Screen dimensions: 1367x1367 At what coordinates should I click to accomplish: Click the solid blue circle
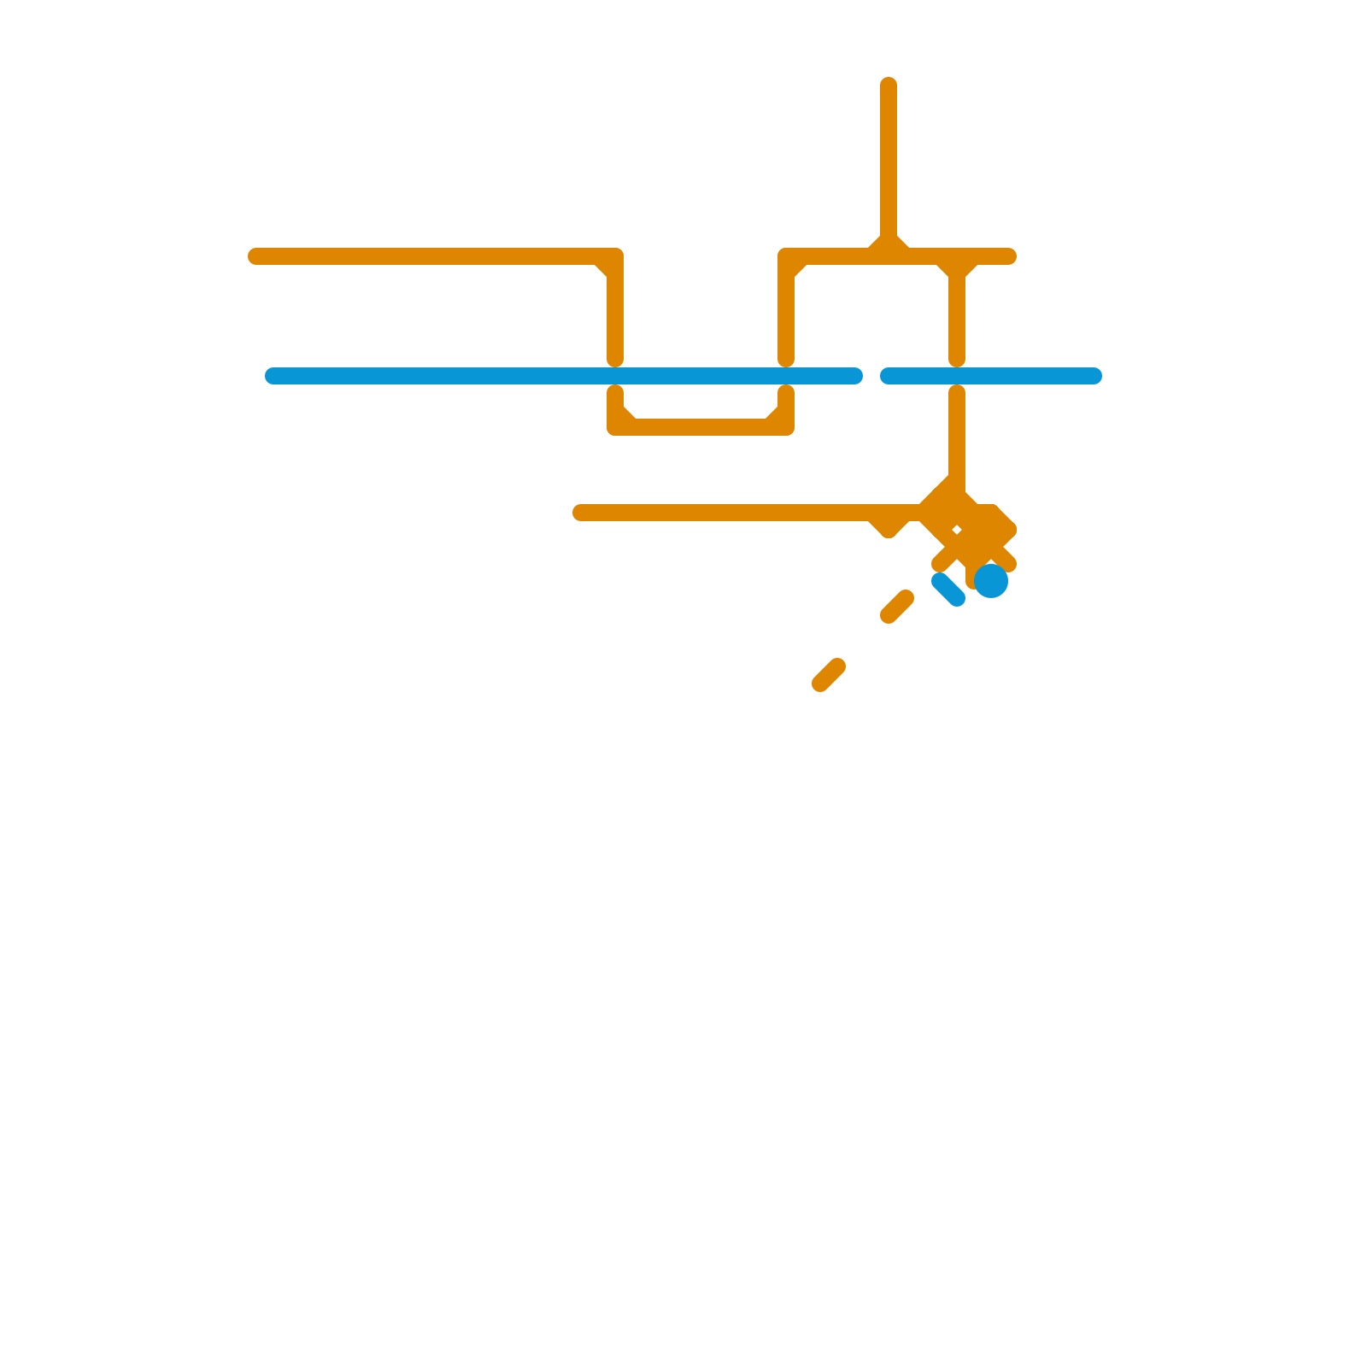coord(991,581)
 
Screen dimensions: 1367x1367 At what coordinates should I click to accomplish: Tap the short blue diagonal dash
coord(948,590)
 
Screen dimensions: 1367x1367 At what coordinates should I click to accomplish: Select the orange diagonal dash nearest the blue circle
coord(897,607)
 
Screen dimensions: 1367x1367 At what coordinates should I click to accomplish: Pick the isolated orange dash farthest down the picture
coord(829,675)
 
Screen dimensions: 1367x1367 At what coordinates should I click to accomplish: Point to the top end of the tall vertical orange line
coord(889,85)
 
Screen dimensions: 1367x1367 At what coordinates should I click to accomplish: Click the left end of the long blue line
coord(273,376)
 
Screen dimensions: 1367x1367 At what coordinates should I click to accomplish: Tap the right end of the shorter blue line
coord(1094,376)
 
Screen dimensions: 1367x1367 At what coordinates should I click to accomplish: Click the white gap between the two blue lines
coord(871,376)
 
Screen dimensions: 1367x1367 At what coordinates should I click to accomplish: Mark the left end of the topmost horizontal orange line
coord(255,256)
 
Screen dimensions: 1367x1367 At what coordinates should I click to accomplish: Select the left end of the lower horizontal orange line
coord(580,513)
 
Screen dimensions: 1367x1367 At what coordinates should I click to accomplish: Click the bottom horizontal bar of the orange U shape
coord(701,427)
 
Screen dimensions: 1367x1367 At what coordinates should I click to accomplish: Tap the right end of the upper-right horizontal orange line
coord(1009,256)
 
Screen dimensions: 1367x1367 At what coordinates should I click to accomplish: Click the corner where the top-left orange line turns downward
coord(613,258)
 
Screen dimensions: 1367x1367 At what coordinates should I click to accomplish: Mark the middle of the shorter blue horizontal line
coord(991,376)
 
